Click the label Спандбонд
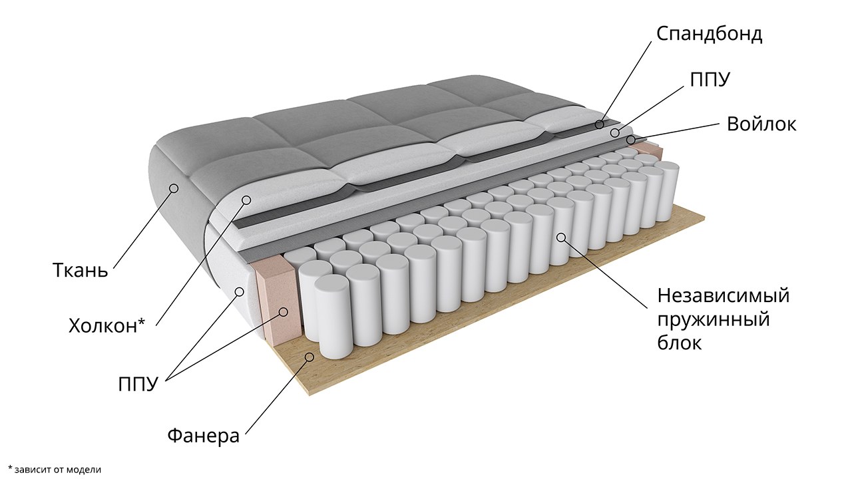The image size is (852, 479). (710, 35)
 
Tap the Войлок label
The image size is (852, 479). (761, 124)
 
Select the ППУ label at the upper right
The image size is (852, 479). (710, 80)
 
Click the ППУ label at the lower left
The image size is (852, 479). (138, 385)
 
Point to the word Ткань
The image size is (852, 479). (81, 270)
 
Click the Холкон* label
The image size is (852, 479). (107, 326)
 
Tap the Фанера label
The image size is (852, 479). (204, 436)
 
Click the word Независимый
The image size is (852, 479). (724, 296)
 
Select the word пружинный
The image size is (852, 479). (714, 321)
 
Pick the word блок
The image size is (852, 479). (680, 343)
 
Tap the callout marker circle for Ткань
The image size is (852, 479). (174, 188)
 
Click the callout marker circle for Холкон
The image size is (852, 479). (246, 200)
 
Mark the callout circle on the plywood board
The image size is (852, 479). (310, 357)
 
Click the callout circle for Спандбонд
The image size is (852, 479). (600, 124)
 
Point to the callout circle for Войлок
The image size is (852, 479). (630, 140)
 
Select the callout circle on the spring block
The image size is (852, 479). (561, 238)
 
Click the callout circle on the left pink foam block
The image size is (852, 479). (284, 312)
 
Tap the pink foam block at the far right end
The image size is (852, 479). (649, 150)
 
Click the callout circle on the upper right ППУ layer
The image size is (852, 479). (615, 133)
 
